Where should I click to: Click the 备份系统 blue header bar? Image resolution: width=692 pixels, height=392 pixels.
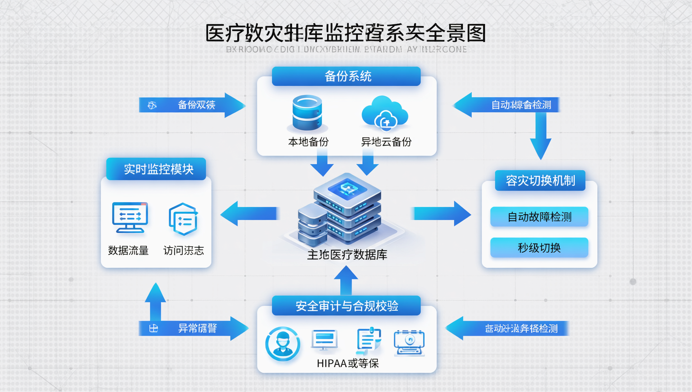(x=346, y=76)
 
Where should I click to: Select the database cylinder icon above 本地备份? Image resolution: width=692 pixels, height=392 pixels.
(x=307, y=113)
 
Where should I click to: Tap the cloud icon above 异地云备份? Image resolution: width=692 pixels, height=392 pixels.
(x=385, y=114)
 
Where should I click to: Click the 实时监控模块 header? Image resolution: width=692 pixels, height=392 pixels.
(x=156, y=169)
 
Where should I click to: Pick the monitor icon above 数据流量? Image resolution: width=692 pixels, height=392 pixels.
(x=130, y=218)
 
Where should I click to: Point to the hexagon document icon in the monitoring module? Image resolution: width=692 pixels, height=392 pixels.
(x=183, y=219)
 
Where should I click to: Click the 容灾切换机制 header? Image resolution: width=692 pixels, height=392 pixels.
(x=540, y=180)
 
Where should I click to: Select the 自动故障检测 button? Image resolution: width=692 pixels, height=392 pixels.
(x=539, y=217)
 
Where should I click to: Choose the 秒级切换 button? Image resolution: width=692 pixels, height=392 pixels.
(x=539, y=248)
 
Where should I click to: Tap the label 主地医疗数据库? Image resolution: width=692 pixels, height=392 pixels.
(x=347, y=255)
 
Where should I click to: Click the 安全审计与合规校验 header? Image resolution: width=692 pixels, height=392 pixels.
(x=346, y=306)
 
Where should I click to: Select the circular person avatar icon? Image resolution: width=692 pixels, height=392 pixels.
(x=283, y=344)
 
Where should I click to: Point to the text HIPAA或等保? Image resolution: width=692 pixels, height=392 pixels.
(x=348, y=363)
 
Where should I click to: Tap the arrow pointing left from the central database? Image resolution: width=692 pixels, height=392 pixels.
(x=250, y=214)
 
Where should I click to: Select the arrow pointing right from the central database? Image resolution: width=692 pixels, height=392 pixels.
(x=441, y=214)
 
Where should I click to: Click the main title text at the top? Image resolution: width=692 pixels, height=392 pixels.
(x=346, y=33)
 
